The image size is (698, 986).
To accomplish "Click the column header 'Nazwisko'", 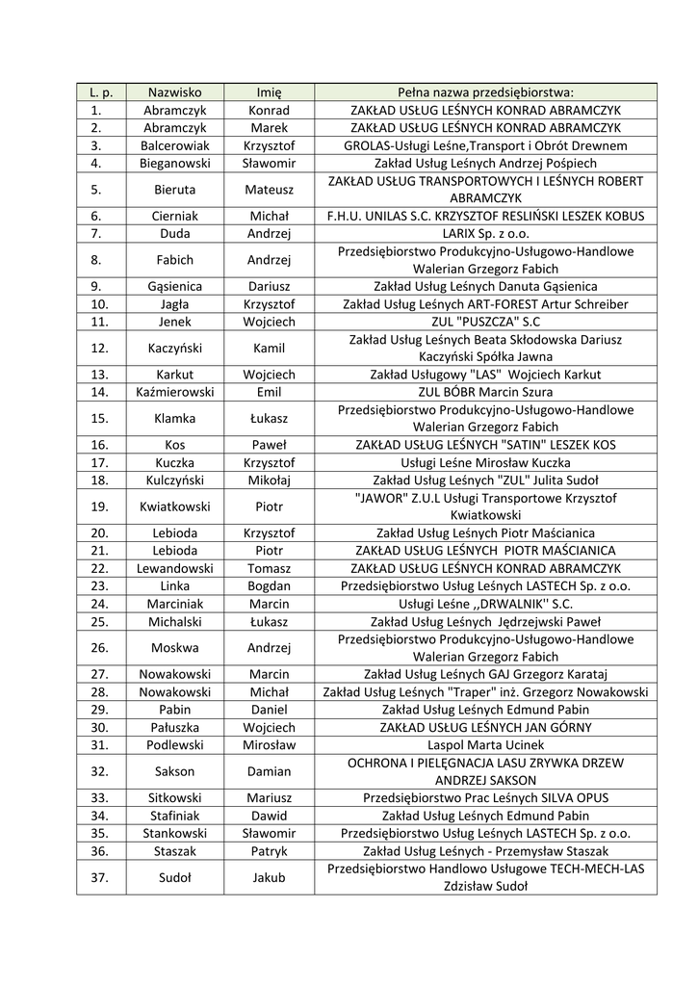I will click(x=174, y=92).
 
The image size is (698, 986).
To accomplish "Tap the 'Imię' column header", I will click(x=270, y=92).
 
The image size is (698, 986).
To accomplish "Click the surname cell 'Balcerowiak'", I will click(x=174, y=145).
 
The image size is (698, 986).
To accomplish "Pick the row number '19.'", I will click(x=96, y=506).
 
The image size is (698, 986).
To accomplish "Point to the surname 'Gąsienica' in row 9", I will click(x=174, y=286).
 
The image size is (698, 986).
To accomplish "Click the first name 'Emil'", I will click(x=270, y=392).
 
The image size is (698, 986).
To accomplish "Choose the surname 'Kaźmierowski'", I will click(x=174, y=392).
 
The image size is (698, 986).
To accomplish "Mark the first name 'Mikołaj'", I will click(x=270, y=480).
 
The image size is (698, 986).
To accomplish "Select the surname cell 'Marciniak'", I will click(x=174, y=604).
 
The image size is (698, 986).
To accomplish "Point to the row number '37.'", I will click(x=96, y=877).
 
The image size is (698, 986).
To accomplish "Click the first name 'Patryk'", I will click(x=270, y=851).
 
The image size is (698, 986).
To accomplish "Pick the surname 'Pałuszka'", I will click(x=174, y=727).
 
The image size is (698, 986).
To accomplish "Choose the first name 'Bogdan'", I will click(x=270, y=585).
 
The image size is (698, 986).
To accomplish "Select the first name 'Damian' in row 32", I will click(x=270, y=771).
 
